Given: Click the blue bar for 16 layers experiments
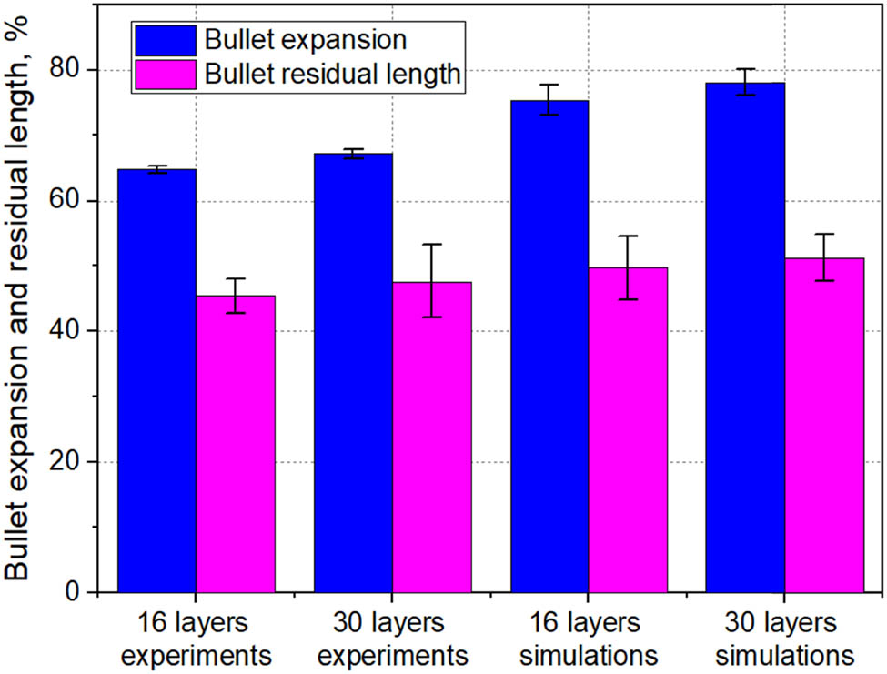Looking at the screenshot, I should click(156, 381).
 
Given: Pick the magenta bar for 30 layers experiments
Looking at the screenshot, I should click(432, 438).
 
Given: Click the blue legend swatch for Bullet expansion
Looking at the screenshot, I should click(165, 40).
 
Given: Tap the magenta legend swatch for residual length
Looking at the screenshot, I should click(165, 74).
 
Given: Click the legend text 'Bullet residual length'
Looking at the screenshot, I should click(332, 74).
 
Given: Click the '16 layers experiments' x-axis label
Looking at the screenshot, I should click(197, 639).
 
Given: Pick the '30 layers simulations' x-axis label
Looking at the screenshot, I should click(784, 639).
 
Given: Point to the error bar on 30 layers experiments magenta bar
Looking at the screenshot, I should click(432, 280).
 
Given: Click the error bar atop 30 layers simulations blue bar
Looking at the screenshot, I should click(745, 82).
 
